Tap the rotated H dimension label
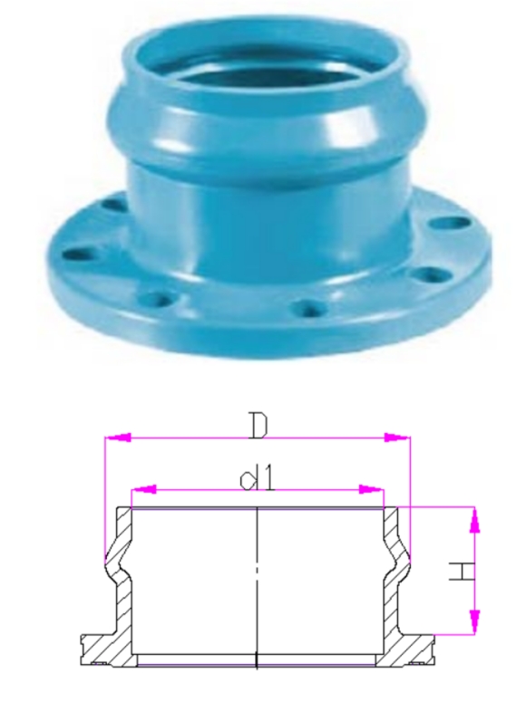[462, 572]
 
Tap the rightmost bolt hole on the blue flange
[445, 221]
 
